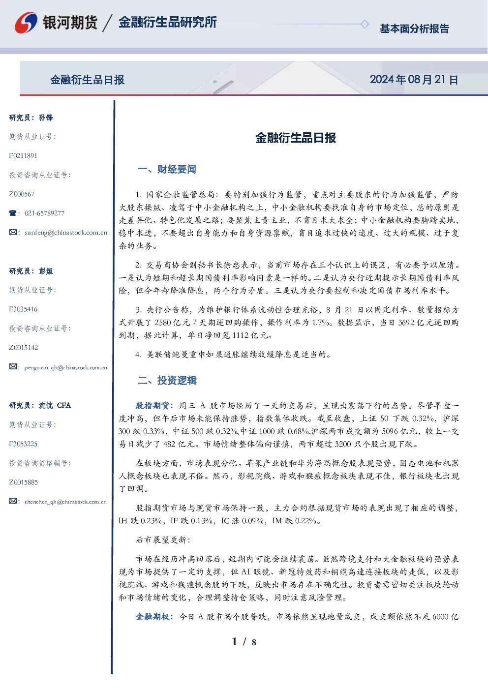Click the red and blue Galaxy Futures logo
(26, 23)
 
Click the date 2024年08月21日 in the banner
(414, 80)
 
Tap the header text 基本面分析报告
(414, 29)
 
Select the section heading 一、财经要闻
(167, 169)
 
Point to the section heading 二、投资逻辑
(167, 381)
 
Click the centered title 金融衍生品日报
(296, 138)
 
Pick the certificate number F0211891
(23, 155)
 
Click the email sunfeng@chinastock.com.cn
(66, 233)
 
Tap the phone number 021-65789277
(44, 213)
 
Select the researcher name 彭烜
(46, 271)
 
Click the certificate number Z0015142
(24, 348)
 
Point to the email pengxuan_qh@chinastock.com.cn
(66, 367)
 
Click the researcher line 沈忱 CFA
(55, 405)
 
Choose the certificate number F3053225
(23, 444)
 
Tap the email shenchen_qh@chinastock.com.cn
(65, 502)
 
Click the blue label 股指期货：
(155, 405)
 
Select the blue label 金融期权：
(155, 616)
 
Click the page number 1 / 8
(244, 642)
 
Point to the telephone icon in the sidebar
(13, 213)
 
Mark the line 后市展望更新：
(163, 540)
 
